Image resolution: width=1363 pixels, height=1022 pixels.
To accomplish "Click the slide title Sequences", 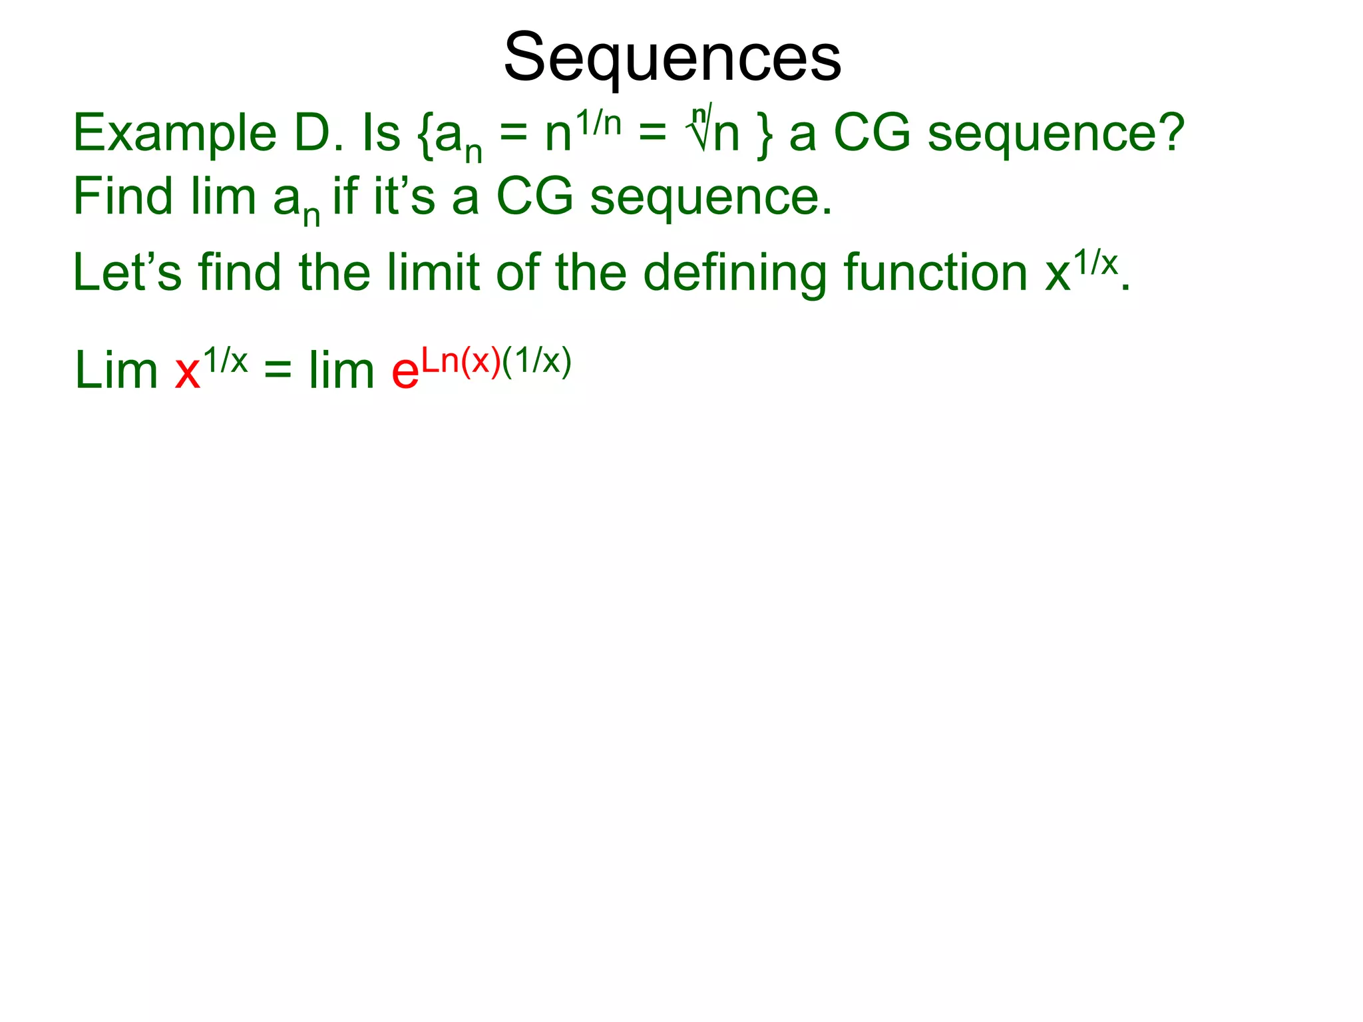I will [672, 59].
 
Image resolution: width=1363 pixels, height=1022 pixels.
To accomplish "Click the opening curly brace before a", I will [425, 136].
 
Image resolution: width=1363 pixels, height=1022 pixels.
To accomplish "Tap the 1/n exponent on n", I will [598, 123].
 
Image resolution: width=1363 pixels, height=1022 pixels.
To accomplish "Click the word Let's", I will [126, 273].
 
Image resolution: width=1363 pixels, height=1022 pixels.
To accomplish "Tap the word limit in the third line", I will [433, 273].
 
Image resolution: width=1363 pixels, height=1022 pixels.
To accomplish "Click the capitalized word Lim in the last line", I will [116, 371].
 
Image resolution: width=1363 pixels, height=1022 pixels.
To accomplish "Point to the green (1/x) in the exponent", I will [537, 361].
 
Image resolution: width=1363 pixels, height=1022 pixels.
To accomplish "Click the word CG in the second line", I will [534, 197].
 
